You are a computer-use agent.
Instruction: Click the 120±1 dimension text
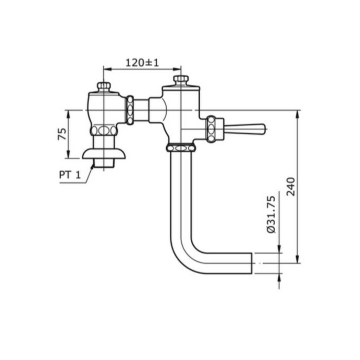tap(142, 63)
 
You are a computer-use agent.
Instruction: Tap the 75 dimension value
tap(62, 135)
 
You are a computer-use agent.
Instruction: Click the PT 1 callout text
tap(69, 175)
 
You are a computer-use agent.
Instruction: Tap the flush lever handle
tap(246, 129)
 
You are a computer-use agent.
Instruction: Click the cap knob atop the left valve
tap(104, 86)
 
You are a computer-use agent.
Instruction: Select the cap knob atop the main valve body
tap(181, 80)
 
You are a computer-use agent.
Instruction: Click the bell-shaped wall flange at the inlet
tap(104, 153)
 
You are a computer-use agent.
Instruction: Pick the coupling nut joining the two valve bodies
tap(130, 110)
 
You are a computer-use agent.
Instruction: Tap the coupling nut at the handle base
tap(211, 129)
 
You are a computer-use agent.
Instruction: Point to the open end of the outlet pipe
tap(251, 263)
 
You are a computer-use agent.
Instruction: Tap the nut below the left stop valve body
tap(104, 131)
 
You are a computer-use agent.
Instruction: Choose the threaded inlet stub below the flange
tap(104, 165)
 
